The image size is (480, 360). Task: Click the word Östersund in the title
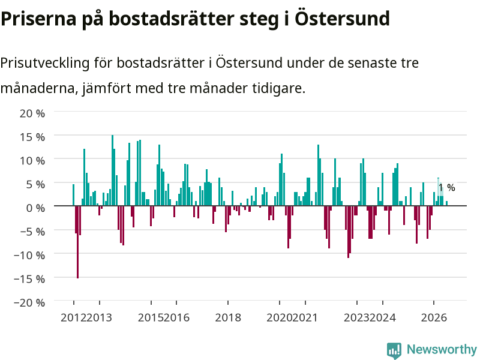342,19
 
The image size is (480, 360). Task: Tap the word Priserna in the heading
38,19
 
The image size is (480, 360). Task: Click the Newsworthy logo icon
394,350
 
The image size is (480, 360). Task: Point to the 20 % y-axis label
32,113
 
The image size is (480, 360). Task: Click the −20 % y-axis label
29,302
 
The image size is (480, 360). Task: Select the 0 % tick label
35,208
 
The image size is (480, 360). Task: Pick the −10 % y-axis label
29,255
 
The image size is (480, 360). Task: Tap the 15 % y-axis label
32,137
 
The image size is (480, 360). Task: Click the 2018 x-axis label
228,317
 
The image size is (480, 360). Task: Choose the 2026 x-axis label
434,317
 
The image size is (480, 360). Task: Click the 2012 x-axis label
73,317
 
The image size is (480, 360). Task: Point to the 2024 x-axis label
383,317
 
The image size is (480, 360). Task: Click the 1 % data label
446,187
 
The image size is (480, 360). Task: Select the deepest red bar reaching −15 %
77,242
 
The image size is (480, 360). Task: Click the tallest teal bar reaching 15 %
112,170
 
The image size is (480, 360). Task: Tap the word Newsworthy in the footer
442,349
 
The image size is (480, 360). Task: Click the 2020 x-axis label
279,317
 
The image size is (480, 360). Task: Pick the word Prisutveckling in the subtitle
45,63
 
